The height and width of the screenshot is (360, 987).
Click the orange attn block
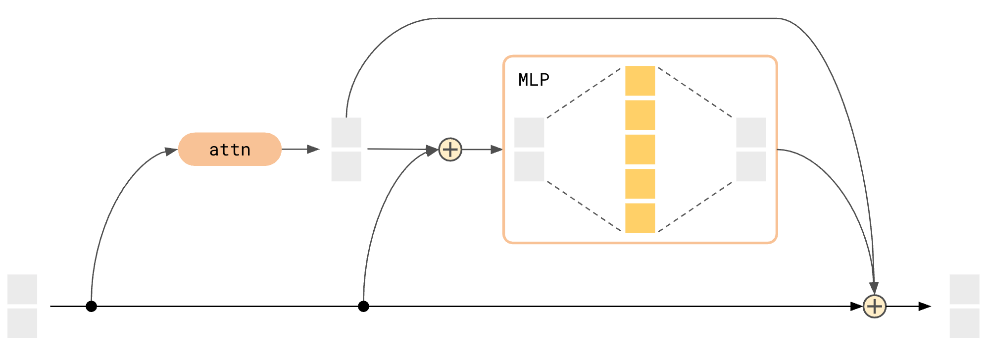[230, 149]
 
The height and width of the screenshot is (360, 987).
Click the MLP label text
[534, 80]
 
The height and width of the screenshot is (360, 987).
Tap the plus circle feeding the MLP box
[450, 150]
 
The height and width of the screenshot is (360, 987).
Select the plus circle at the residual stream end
[875, 307]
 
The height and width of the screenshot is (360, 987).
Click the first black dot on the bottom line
[91, 307]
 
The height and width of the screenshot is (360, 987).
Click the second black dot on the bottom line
[363, 307]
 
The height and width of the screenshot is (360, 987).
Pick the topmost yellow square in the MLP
[640, 81]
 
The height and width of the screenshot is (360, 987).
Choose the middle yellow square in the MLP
[640, 150]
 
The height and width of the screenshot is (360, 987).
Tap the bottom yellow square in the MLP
[640, 218]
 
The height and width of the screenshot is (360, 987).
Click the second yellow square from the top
[640, 115]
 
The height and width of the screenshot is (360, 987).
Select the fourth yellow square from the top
[640, 184]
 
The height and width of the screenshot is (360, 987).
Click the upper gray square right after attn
[346, 132]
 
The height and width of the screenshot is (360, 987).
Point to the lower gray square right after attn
[346, 166]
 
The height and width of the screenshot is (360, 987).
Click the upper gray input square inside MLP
[529, 132]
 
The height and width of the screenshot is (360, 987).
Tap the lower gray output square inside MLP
[751, 166]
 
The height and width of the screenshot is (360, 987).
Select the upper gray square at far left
[22, 289]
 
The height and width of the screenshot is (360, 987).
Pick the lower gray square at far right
[964, 323]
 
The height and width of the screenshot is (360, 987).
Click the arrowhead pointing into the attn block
[171, 152]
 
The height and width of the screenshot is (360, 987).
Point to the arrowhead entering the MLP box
[496, 150]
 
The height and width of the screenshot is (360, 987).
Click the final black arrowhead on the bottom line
[924, 307]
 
